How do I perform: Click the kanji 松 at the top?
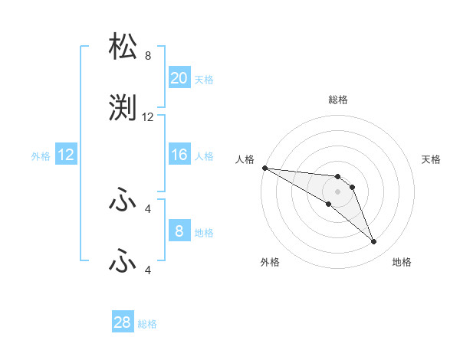click(124, 47)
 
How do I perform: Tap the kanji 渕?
click(124, 110)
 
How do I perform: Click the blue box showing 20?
click(179, 78)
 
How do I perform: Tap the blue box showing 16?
click(179, 155)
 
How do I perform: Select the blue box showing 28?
click(122, 322)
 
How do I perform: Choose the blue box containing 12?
click(65, 155)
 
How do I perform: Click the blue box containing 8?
click(179, 231)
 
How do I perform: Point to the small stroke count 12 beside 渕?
click(148, 117)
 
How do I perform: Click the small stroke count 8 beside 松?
click(148, 56)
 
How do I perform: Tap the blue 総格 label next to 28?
click(147, 324)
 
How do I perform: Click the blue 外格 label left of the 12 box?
click(41, 156)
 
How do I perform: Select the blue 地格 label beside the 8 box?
click(204, 232)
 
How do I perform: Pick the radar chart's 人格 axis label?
click(245, 159)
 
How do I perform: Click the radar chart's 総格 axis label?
click(337, 100)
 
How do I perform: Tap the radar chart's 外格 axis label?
click(270, 262)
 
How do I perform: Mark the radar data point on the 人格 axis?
click(264, 168)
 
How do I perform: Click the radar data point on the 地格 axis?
click(373, 241)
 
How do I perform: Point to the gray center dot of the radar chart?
click(337, 191)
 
